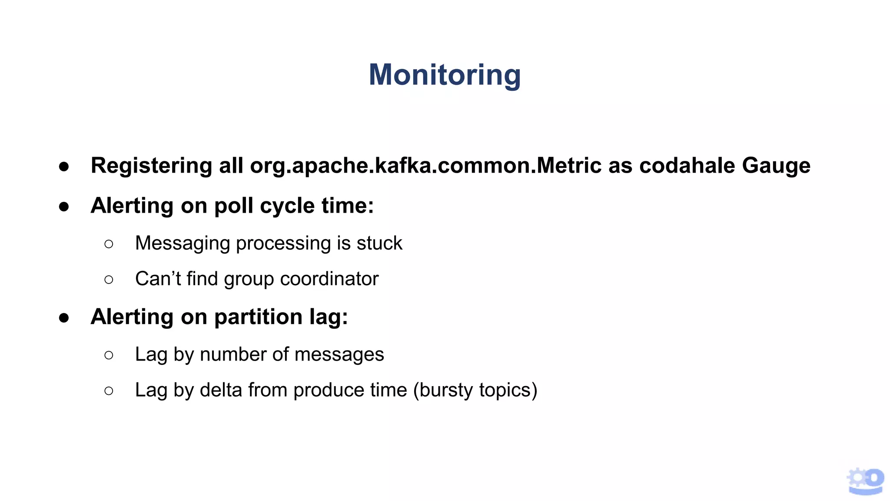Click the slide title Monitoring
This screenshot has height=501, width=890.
(x=445, y=75)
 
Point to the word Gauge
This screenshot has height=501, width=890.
(x=776, y=166)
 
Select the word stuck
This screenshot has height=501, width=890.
(x=379, y=243)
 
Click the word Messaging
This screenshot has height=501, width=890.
(x=182, y=243)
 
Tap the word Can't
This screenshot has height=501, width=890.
(x=158, y=279)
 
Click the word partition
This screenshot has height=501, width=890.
(x=258, y=317)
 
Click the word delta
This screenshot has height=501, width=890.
(x=220, y=390)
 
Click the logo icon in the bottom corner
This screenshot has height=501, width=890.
(x=865, y=481)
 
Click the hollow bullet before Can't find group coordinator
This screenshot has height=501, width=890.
(x=109, y=280)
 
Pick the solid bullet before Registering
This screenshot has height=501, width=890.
(x=64, y=167)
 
